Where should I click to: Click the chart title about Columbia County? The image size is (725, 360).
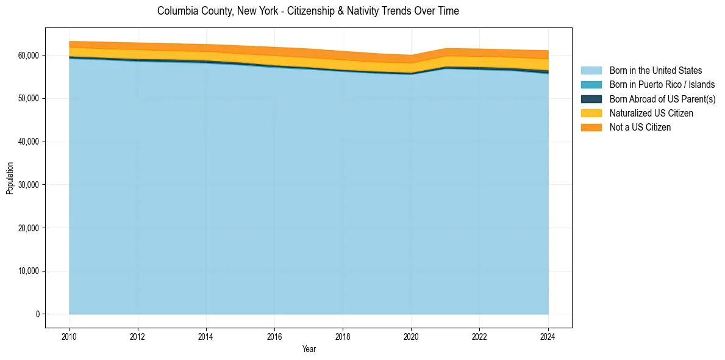(308, 11)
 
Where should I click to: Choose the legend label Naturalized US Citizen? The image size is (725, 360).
(651, 113)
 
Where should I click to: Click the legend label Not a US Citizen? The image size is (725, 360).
(640, 127)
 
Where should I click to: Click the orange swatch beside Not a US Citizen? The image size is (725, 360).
(591, 127)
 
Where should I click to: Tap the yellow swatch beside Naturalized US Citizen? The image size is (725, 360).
(591, 113)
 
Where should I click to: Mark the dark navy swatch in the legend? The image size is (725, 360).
(591, 99)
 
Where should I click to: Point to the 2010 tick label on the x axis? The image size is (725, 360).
(70, 336)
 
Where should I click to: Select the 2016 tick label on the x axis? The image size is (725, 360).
(274, 336)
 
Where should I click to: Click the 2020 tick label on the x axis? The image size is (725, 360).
(411, 336)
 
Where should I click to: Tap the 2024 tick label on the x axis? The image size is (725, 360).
(548, 336)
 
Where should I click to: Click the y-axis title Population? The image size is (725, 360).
(10, 178)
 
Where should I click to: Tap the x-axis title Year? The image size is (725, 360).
(309, 349)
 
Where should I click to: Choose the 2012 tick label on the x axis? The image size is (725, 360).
(138, 336)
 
